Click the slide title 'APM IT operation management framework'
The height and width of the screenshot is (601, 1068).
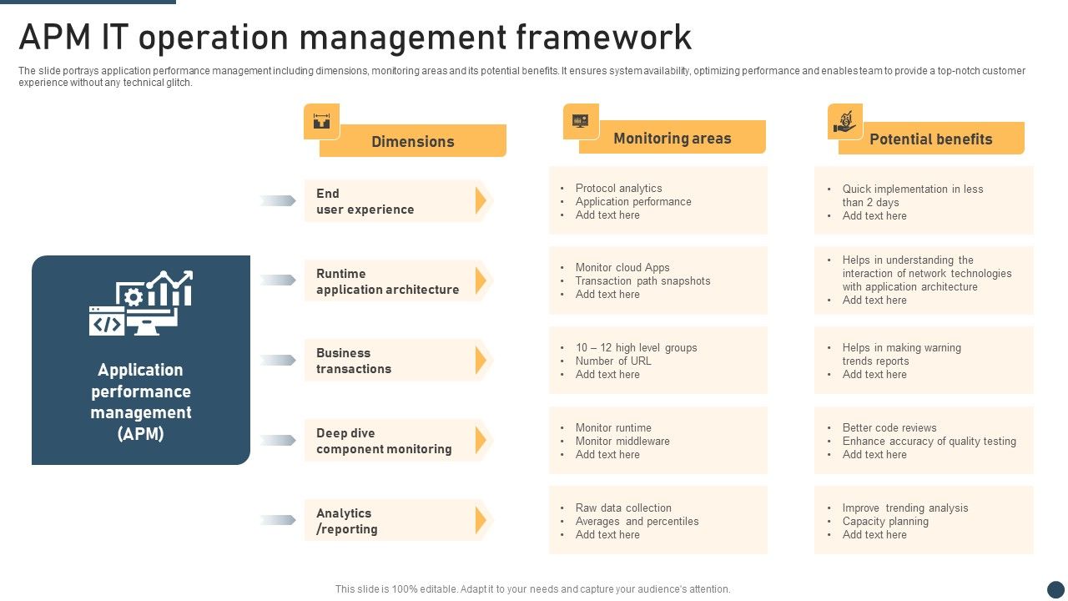pyautogui.click(x=355, y=38)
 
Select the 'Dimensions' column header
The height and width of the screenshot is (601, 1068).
pyautogui.click(x=412, y=141)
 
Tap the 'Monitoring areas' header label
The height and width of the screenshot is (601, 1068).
pyautogui.click(x=672, y=139)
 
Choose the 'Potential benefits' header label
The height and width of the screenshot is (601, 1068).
pyautogui.click(x=930, y=139)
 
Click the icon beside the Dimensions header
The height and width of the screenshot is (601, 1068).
pyautogui.click(x=321, y=121)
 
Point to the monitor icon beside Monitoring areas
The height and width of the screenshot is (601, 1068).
pyautogui.click(x=581, y=121)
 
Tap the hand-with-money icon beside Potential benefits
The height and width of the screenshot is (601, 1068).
pyautogui.click(x=844, y=121)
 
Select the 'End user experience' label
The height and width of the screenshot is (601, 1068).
pyautogui.click(x=365, y=201)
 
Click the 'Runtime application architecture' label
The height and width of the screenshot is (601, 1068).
pyautogui.click(x=387, y=281)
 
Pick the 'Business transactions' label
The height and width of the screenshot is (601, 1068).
pyautogui.click(x=353, y=361)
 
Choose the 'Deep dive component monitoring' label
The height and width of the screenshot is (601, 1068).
pyautogui.click(x=384, y=441)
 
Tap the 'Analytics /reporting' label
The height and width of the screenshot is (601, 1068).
pyautogui.click(x=346, y=521)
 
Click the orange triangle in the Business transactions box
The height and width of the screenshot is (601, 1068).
pyautogui.click(x=481, y=361)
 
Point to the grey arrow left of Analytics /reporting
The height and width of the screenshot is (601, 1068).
pyautogui.click(x=278, y=520)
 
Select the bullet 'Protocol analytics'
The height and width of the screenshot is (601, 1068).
pyautogui.click(x=618, y=189)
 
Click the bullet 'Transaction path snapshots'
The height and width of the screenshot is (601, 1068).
pyautogui.click(x=642, y=281)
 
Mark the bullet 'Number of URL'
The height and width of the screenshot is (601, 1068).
pyautogui.click(x=613, y=361)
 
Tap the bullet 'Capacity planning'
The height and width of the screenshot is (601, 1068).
pyautogui.click(x=885, y=522)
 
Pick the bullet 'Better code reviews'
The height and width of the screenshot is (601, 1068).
pyautogui.click(x=889, y=428)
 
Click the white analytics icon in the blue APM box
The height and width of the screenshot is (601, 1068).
pyautogui.click(x=141, y=303)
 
